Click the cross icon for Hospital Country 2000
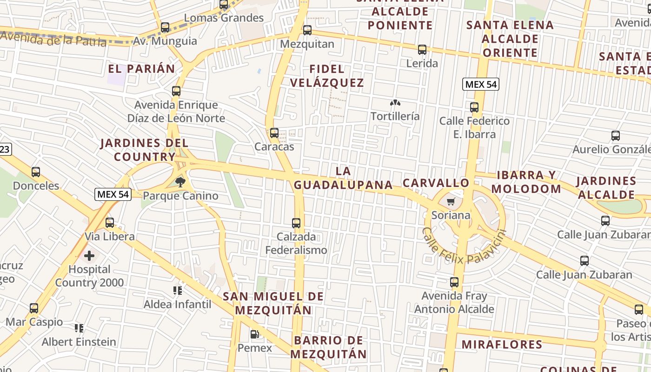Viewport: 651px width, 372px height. pos(89,255)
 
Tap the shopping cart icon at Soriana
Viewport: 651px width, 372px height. pos(450,202)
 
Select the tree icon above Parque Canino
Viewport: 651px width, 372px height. pos(180,182)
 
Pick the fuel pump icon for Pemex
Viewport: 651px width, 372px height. pos(254,334)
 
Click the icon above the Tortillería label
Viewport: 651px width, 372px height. pos(395,103)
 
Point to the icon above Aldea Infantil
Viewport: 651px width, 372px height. pos(177,291)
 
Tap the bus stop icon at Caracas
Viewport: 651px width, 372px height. pos(274,133)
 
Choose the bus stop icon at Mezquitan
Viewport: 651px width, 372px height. pos(307,30)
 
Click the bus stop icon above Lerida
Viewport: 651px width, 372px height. pos(422,49)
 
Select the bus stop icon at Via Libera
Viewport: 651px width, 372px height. pos(110,223)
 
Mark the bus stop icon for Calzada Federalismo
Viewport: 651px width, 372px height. pos(296,223)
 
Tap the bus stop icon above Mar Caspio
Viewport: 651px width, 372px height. pos(34,308)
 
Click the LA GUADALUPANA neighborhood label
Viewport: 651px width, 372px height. pos(343,178)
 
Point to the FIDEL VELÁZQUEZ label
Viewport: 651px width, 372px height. pos(327,76)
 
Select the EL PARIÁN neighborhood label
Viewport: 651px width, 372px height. pos(141,69)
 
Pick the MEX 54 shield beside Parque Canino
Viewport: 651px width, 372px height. pos(113,194)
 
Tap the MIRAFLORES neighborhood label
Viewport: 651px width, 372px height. pos(502,345)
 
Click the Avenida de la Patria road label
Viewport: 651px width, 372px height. pos(53,38)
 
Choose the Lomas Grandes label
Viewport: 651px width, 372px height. pos(224,18)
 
